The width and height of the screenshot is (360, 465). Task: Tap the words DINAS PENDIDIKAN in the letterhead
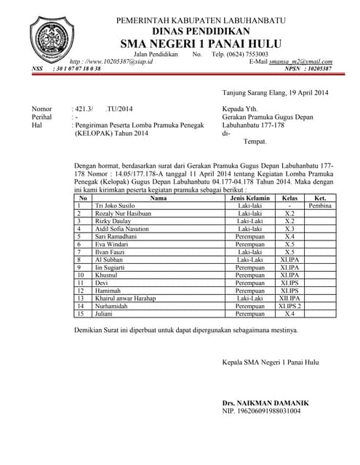pos(201,31)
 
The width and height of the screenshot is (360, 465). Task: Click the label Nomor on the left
pos(41,109)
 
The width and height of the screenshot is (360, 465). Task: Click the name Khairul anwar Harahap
pos(126,298)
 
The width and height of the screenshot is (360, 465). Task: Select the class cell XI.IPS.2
pos(289,307)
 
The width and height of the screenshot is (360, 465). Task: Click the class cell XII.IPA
pos(289,298)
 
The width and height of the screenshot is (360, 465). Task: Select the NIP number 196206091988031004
pos(261,411)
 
